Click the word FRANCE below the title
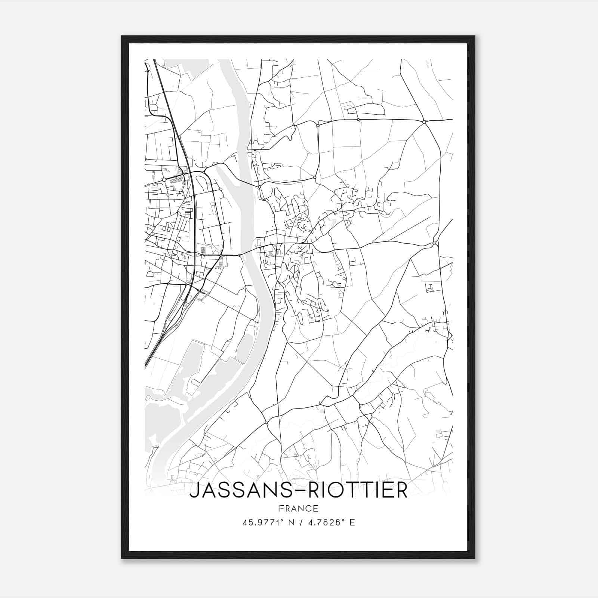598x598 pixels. coord(299,509)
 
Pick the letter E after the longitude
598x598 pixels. coord(352,523)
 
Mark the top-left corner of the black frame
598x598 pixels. coord(122,36)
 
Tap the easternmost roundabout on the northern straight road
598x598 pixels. coord(424,122)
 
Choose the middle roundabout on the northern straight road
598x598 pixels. coord(358,120)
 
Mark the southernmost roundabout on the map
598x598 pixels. coord(266,423)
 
